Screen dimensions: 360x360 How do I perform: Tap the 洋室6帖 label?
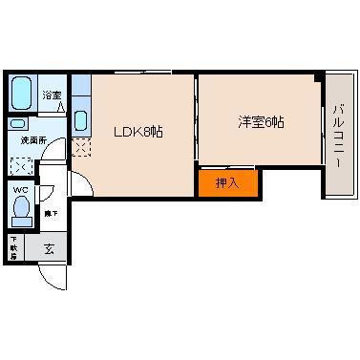pyautogui.click(x=261, y=122)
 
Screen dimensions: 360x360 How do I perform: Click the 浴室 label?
pyautogui.click(x=52, y=95)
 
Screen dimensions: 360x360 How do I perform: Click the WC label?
pyautogui.click(x=20, y=189)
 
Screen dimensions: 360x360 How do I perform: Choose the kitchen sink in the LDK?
pyautogui.click(x=80, y=122)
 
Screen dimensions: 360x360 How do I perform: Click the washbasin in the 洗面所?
pyautogui.click(x=20, y=124)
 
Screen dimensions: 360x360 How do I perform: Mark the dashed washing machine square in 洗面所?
pyautogui.click(x=21, y=164)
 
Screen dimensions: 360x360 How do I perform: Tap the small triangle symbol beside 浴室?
pyautogui.click(x=63, y=108)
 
